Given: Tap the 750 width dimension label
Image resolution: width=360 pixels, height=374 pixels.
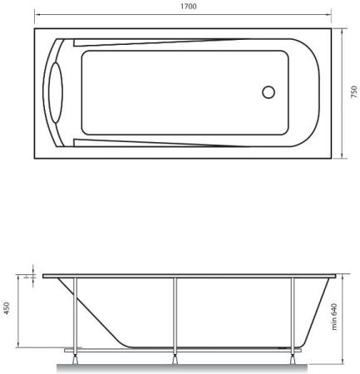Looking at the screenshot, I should coord(353,91).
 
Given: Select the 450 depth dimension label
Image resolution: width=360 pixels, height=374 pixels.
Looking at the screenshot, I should coord(7,308).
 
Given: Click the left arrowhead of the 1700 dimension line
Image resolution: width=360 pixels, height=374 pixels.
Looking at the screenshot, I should coord(37,14).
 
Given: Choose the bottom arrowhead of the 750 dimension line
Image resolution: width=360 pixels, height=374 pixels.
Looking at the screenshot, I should coord(347,155).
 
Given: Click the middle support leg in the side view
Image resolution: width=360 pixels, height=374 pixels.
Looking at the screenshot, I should coord(175,316).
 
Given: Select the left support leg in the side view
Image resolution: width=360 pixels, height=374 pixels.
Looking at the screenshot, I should coord(75,316).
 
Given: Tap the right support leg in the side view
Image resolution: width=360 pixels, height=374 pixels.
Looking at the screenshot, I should coord(292,316).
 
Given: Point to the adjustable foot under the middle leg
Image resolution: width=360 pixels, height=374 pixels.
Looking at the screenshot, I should coord(175,360).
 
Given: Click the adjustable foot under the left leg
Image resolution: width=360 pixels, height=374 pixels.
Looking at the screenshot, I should coord(75,360).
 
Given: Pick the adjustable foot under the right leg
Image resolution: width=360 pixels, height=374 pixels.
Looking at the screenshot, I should coord(292,360).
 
